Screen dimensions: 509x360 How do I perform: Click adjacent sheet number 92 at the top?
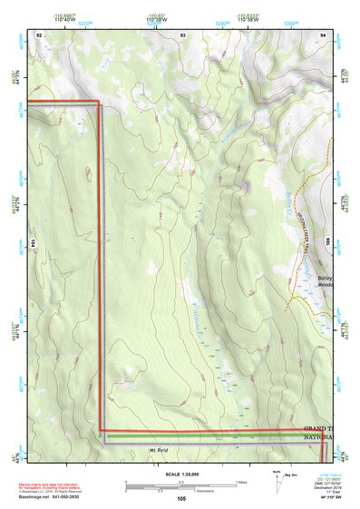[39, 34]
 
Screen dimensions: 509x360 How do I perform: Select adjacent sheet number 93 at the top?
[182, 34]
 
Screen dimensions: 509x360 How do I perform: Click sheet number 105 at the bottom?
[181, 499]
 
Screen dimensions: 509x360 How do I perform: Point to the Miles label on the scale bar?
[240, 482]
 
